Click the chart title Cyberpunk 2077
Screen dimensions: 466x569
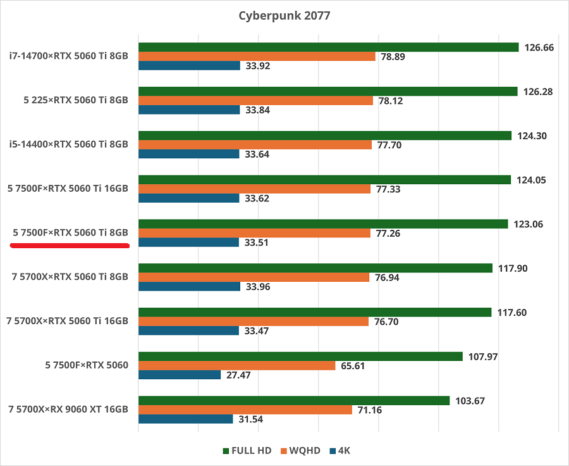(x=284, y=15)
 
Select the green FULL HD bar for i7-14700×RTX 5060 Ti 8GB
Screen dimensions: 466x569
(x=328, y=47)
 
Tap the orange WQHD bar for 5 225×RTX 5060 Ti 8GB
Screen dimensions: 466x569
(x=255, y=101)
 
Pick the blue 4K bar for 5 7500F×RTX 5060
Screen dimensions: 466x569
(x=180, y=375)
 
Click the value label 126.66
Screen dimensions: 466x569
(x=539, y=47)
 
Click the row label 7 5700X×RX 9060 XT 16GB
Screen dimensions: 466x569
(x=68, y=410)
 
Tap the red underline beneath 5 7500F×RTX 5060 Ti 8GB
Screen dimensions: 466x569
(x=70, y=245)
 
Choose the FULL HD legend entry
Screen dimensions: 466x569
(x=247, y=451)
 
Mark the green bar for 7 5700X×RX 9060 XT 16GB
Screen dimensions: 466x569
(x=294, y=401)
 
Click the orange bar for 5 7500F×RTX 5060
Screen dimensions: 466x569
(x=236, y=366)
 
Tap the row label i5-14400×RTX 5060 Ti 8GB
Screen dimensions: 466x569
(x=69, y=144)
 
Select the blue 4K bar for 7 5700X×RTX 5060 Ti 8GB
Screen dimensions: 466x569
(x=189, y=286)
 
